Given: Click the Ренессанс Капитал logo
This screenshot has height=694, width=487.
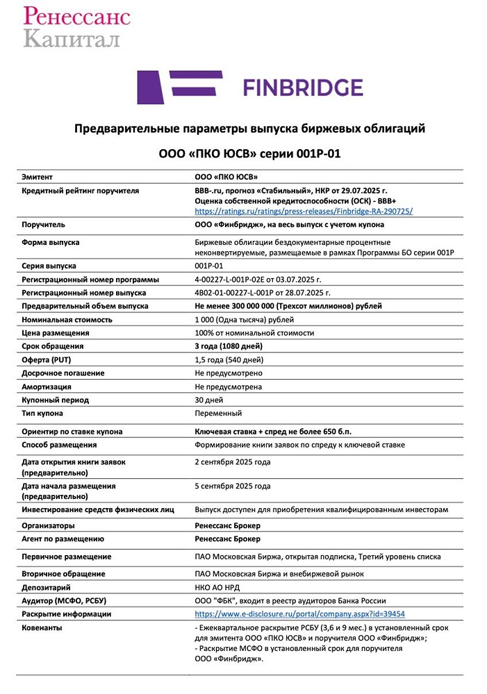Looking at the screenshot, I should (x=76, y=26).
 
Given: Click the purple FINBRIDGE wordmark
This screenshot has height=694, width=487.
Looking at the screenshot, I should (x=302, y=87).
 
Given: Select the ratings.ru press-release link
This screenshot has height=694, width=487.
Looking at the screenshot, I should (x=304, y=210).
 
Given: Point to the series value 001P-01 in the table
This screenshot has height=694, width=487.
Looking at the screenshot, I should (x=209, y=266).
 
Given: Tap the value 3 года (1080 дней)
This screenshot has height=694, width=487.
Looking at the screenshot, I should (x=229, y=346).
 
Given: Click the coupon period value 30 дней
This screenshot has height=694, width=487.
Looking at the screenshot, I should (x=208, y=400).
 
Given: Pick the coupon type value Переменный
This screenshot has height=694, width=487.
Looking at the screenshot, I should (x=218, y=413).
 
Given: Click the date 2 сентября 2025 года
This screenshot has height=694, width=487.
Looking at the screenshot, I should (x=233, y=462).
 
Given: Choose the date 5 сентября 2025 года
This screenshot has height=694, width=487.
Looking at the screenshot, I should (x=233, y=486).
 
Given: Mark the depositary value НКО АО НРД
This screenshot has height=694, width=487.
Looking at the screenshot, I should (x=220, y=587).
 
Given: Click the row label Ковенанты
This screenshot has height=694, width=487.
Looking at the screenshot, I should (x=42, y=627).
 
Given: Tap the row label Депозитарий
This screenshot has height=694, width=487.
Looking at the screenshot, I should (x=47, y=587).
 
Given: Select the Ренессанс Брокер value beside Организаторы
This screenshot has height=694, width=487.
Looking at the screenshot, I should (x=228, y=525).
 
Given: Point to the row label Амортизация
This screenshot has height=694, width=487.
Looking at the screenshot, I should (x=47, y=387).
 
